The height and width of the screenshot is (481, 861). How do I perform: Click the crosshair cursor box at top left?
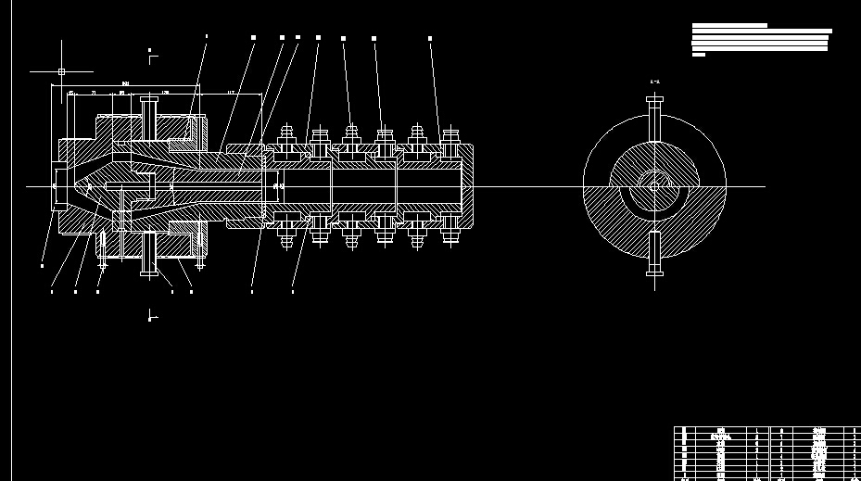click(x=61, y=71)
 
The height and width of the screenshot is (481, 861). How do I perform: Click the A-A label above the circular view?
click(x=655, y=82)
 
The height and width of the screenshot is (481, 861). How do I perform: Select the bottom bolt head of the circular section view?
click(x=655, y=272)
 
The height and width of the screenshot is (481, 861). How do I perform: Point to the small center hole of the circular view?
click(x=655, y=186)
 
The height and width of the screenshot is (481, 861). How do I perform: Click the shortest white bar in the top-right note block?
click(x=699, y=55)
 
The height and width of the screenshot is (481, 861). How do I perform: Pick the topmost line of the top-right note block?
click(x=729, y=25)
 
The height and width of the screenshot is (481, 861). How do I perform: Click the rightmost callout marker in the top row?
click(x=430, y=39)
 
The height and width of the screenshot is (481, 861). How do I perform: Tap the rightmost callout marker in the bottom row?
click(x=293, y=292)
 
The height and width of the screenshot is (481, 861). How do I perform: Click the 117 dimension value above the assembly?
click(x=230, y=93)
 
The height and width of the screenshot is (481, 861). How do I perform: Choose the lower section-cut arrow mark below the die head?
click(x=151, y=317)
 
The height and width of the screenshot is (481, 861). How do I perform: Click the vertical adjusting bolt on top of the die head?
click(x=148, y=116)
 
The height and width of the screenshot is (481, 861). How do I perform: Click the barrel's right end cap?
click(x=468, y=186)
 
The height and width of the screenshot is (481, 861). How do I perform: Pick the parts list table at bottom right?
click(x=767, y=452)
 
